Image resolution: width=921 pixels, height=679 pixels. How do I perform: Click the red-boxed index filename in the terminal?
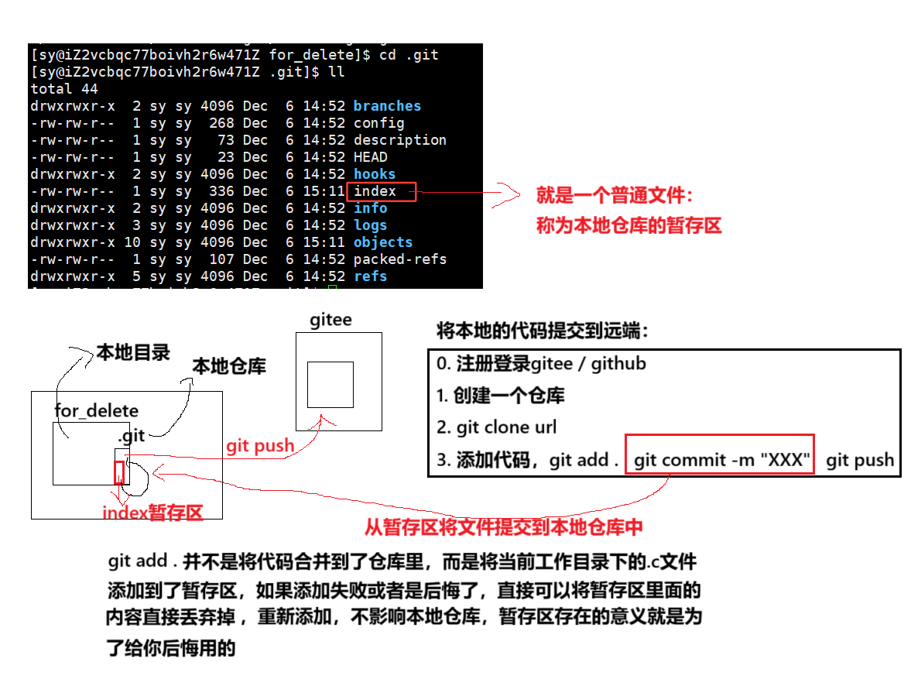point(375,191)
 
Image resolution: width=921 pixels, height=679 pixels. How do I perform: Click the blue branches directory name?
point(387,106)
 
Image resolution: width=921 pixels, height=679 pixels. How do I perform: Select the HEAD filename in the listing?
point(371,157)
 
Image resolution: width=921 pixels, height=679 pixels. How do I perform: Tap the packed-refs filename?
point(400,259)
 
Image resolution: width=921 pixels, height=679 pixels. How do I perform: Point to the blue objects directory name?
point(383,242)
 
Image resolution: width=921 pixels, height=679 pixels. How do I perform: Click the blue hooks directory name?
point(375,174)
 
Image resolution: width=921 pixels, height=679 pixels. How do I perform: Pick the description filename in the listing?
point(400,140)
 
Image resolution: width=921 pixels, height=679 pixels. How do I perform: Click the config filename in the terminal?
point(378,123)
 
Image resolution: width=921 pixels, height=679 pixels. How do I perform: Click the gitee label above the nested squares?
point(330,320)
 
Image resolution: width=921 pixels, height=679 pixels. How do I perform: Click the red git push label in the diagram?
point(260,446)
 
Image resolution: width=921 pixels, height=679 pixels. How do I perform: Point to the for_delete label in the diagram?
point(97,410)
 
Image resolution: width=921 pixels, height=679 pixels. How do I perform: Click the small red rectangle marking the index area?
point(119,472)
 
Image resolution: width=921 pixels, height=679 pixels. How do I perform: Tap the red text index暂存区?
point(152,513)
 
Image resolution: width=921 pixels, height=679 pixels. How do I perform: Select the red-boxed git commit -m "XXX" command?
point(721,461)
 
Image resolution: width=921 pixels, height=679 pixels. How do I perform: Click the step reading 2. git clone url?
point(496,427)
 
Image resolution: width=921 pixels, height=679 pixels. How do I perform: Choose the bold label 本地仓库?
point(229,366)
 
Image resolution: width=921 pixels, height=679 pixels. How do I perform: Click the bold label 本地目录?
point(133,353)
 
